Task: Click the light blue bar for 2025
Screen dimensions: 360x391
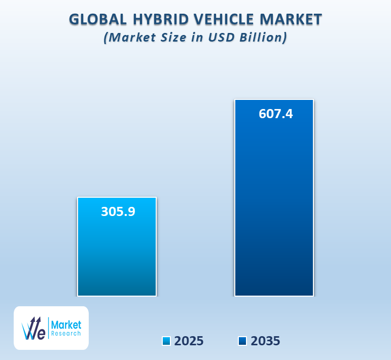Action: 117,254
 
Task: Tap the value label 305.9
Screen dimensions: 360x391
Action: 118,211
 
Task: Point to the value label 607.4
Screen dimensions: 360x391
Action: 275,114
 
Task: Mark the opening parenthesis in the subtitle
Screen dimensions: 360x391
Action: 106,38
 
